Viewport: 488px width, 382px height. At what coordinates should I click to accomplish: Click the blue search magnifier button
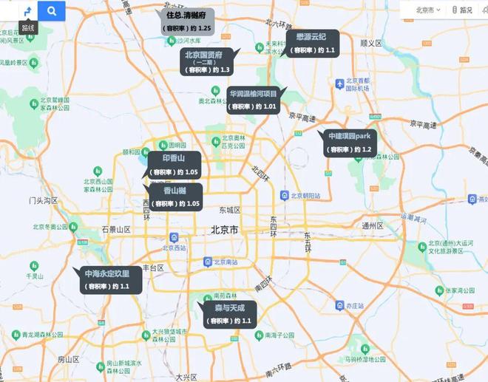pyautogui.click(x=52, y=11)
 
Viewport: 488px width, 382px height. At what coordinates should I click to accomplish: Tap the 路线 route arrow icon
pyautogui.click(x=27, y=11)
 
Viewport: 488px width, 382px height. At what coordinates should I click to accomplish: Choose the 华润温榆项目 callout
pyautogui.click(x=254, y=100)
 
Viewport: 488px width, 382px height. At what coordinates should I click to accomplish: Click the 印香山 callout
pyautogui.click(x=172, y=164)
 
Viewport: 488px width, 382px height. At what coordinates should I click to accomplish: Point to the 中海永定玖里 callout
pyautogui.click(x=106, y=279)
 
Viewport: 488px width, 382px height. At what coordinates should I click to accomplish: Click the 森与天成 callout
pyautogui.click(x=230, y=313)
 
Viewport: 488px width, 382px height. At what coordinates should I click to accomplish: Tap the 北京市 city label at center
pyautogui.click(x=224, y=231)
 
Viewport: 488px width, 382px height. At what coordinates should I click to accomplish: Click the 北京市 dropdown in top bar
pyautogui.click(x=428, y=10)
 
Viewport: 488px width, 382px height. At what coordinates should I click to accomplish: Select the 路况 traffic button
pyautogui.click(x=462, y=10)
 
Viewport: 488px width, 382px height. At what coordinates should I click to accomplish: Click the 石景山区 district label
pyautogui.click(x=115, y=230)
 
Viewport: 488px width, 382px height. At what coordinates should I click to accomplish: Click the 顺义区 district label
pyautogui.click(x=370, y=43)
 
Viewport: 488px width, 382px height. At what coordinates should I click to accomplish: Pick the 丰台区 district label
pyautogui.click(x=152, y=267)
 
